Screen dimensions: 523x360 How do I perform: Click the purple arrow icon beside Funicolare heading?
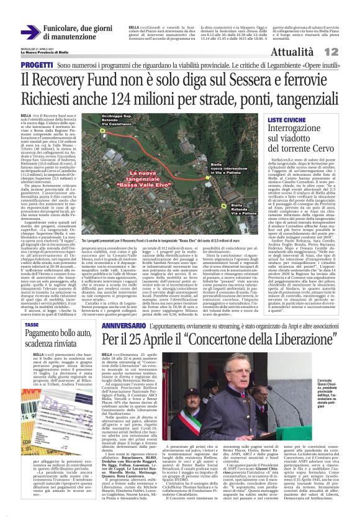30,32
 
